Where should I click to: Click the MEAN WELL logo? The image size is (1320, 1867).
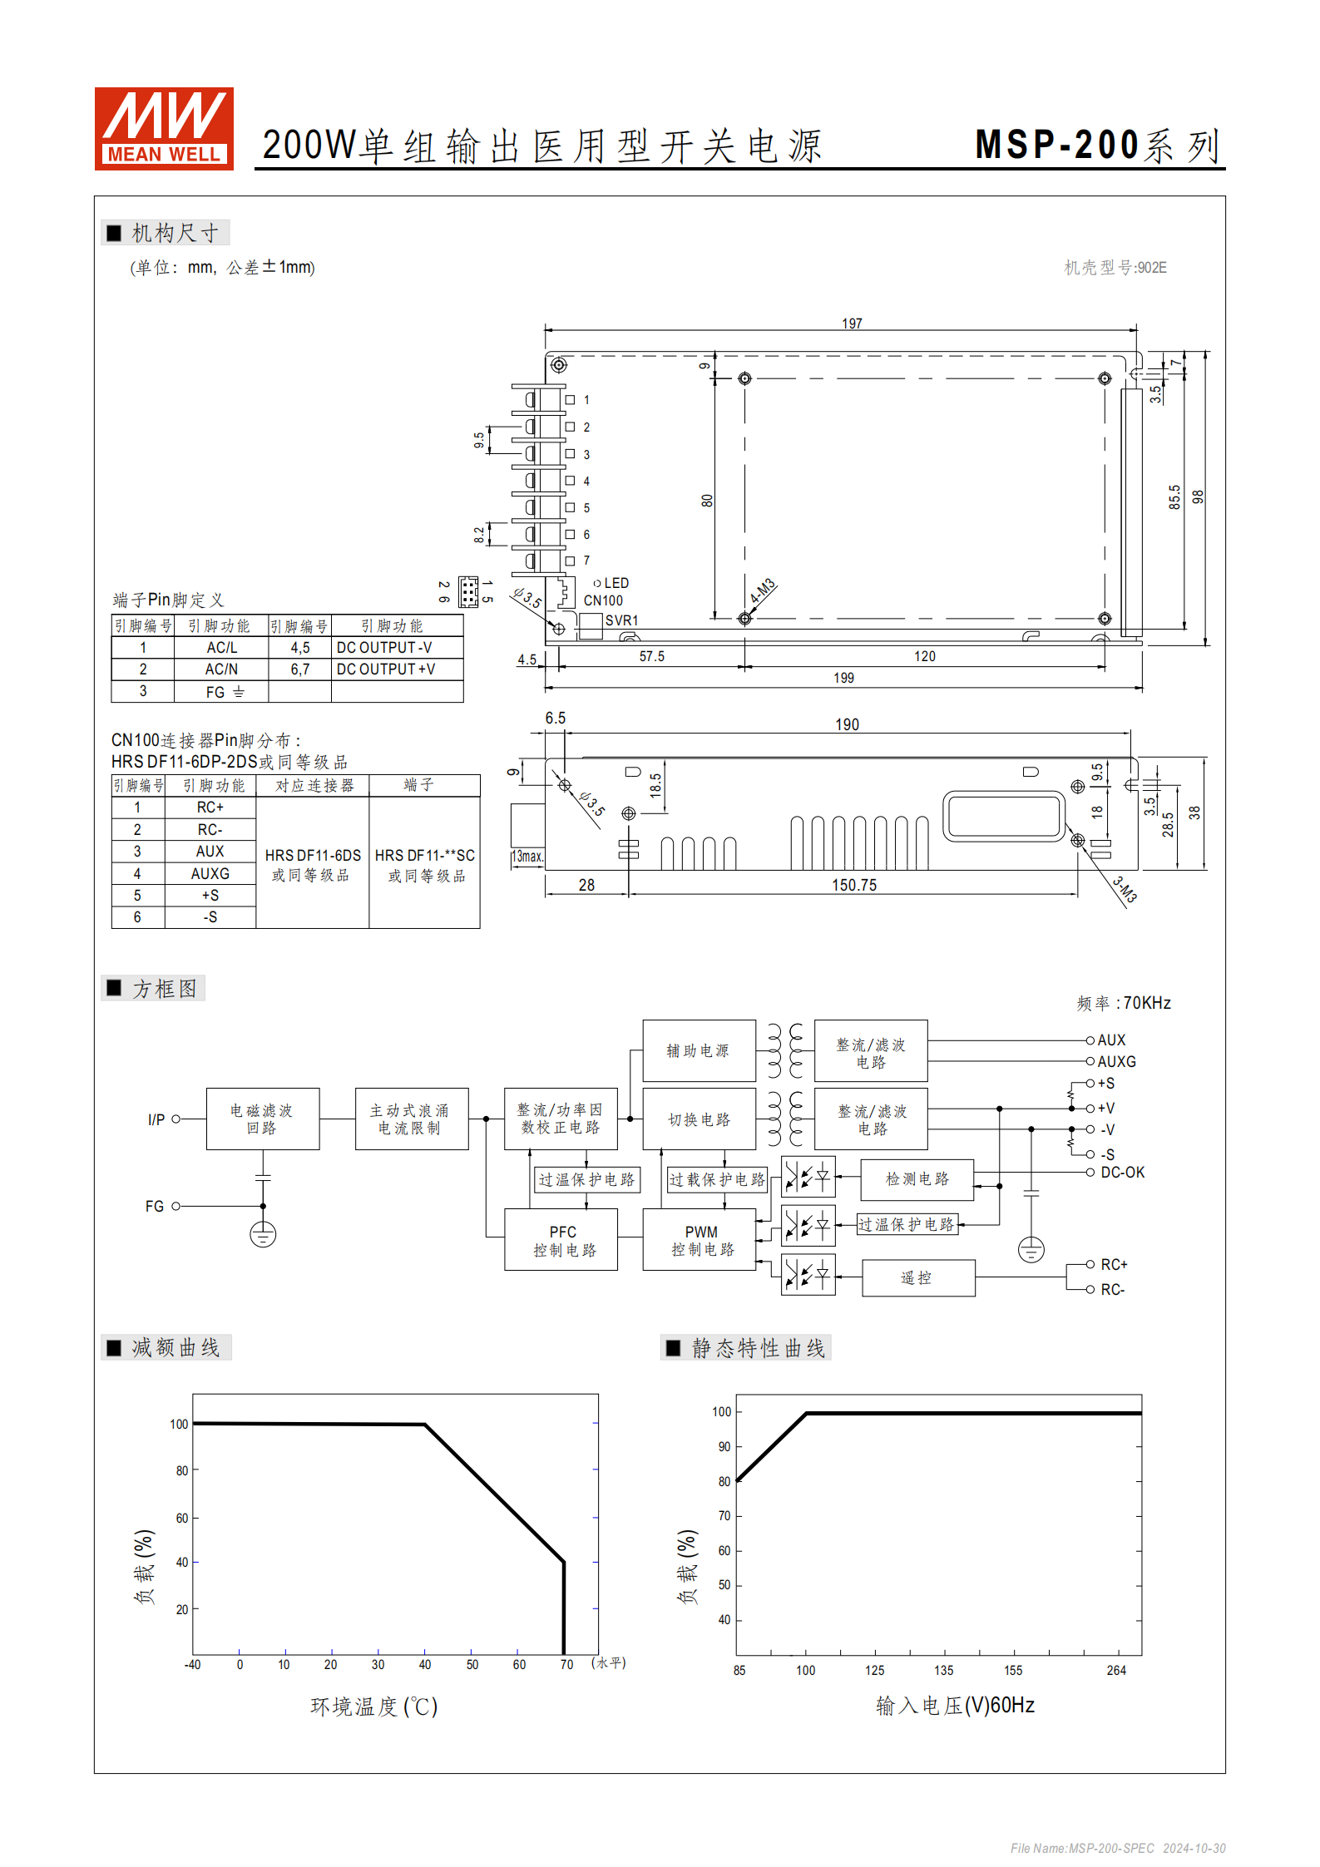point(164,129)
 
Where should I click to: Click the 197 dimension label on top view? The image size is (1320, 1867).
point(851,324)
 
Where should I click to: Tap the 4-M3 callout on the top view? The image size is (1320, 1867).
point(762,590)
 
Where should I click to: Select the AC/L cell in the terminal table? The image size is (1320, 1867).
point(221,648)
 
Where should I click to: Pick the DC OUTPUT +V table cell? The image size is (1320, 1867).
point(385,669)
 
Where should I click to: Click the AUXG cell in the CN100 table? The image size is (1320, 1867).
point(210,874)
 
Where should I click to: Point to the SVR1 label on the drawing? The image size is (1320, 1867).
point(621,620)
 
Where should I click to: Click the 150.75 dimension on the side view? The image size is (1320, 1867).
point(853,886)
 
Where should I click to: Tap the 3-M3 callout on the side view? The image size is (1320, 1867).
point(1125,890)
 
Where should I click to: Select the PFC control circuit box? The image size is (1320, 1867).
point(561,1240)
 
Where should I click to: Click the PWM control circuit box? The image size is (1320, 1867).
point(700,1240)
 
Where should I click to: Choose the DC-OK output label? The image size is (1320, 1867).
point(1122,1173)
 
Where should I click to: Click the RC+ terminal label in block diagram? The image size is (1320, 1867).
point(1114,1265)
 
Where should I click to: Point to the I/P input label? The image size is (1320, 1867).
point(156,1120)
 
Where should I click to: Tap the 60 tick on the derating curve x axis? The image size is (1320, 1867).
point(519,1665)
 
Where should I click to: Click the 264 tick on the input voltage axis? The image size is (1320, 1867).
point(1115,1671)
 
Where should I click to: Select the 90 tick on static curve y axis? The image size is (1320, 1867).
point(724,1447)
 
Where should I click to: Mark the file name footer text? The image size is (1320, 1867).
point(1117,1848)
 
